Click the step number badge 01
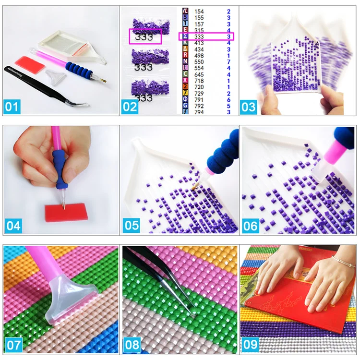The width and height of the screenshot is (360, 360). click(13, 106)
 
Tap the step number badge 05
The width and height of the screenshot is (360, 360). click(132, 225)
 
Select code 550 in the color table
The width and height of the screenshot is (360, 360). click(199, 62)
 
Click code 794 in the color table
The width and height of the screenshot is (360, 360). click(199, 112)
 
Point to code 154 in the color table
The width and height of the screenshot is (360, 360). click(199, 11)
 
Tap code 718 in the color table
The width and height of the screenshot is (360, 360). click(199, 81)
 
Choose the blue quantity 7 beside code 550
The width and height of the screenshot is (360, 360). click(229, 62)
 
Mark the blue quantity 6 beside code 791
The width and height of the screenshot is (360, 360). click(229, 99)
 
